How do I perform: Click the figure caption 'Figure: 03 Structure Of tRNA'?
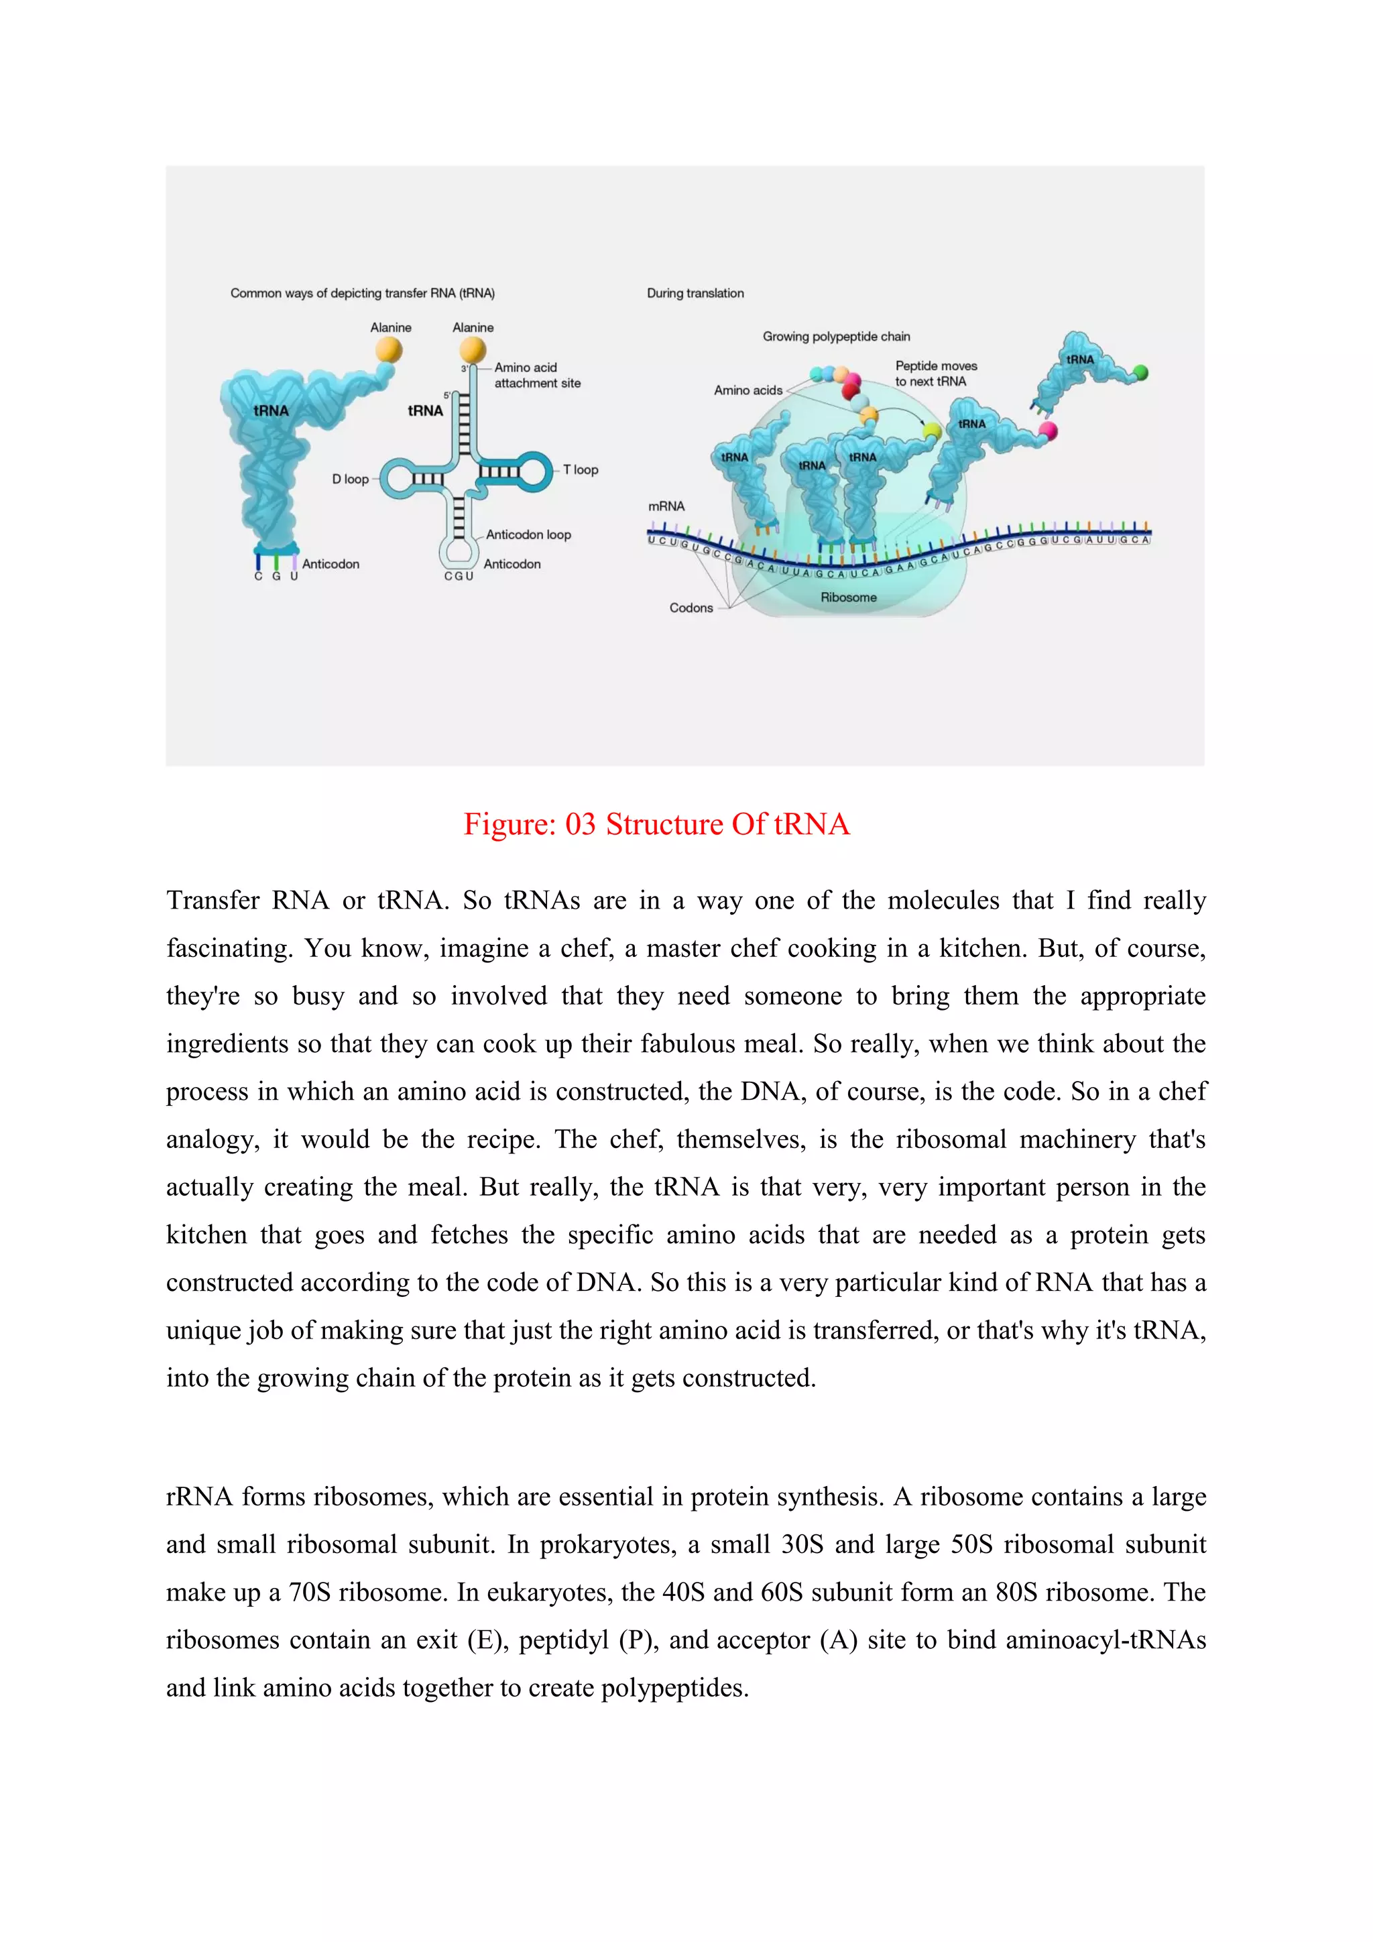[x=656, y=824]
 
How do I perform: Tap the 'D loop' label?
[x=350, y=479]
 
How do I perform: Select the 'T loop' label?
[x=581, y=469]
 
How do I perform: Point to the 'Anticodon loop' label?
[x=528, y=534]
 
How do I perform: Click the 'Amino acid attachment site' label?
[x=537, y=376]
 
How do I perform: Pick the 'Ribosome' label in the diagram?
[x=848, y=597]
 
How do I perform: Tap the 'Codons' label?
[x=691, y=608]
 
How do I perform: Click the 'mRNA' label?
[x=666, y=506]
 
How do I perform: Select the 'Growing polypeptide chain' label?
[x=836, y=337]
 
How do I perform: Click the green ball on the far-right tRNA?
[x=1140, y=372]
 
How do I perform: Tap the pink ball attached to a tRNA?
[x=1049, y=431]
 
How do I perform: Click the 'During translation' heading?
[x=695, y=294]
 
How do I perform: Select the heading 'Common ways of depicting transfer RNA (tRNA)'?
[x=363, y=294]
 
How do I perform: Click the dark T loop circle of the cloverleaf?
[x=534, y=471]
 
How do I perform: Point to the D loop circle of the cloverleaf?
[x=396, y=479]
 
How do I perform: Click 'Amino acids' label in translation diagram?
[x=748, y=390]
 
